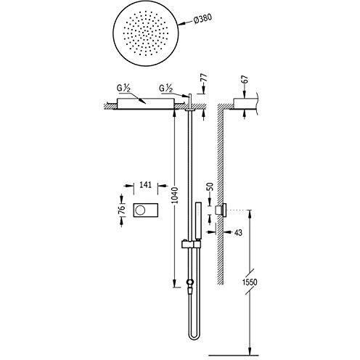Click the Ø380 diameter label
pos(202,19)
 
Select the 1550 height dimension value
pos(250,282)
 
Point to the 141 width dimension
pos(146,185)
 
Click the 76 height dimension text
pos(123,209)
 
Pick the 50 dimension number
pos(210,187)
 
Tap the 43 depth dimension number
pos(238,232)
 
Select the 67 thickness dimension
pos(245,80)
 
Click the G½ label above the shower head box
pos(123,89)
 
